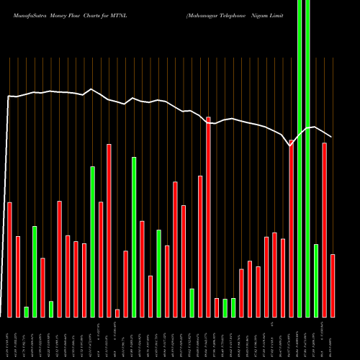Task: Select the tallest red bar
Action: (x=209, y=216)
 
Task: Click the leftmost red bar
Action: (x=10, y=259)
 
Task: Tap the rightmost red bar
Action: (x=333, y=285)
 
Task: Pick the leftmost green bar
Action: (x=27, y=312)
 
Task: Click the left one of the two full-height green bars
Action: (x=300, y=158)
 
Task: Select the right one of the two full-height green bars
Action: (x=308, y=158)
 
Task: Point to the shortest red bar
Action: (x=117, y=313)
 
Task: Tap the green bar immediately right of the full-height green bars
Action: (x=316, y=281)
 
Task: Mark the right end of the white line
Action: (x=331, y=137)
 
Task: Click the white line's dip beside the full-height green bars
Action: (x=290, y=145)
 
